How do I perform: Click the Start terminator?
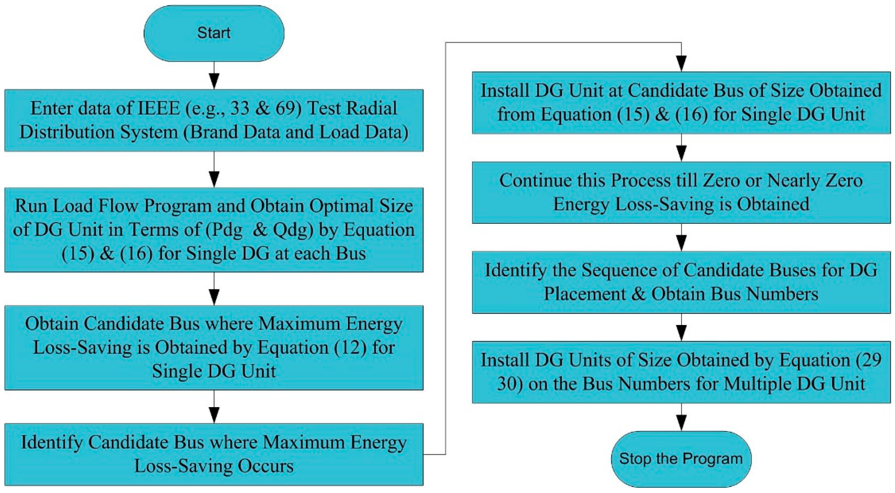214,33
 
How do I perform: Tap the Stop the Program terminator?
681,459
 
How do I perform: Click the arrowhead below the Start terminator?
214,81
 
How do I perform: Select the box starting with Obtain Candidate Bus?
214,348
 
